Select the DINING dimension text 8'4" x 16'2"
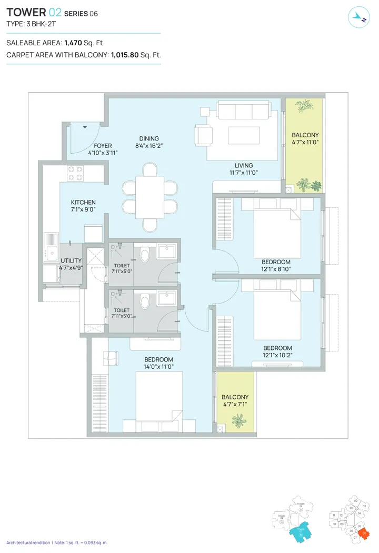pyautogui.click(x=149, y=146)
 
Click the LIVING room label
pyautogui.click(x=243, y=166)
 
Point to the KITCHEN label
pyautogui.click(x=83, y=203)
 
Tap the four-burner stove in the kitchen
pyautogui.click(x=74, y=170)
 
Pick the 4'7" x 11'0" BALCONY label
pyautogui.click(x=305, y=135)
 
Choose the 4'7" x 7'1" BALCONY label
pyautogui.click(x=235, y=397)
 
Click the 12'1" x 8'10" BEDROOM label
pyautogui.click(x=276, y=262)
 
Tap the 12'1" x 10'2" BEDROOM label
pyautogui.click(x=277, y=348)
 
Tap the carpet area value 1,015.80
pyautogui.click(x=125, y=55)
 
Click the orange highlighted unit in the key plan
pyautogui.click(x=363, y=535)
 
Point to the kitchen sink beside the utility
pyautogui.click(x=52, y=253)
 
